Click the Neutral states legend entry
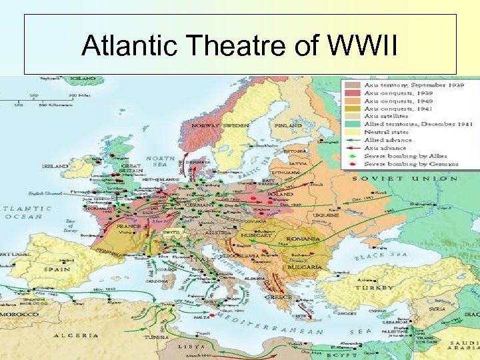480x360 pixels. click(385, 132)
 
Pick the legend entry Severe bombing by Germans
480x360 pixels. click(411, 163)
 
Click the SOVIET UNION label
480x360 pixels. click(405, 179)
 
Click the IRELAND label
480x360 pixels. click(55, 166)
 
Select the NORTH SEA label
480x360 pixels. click(164, 161)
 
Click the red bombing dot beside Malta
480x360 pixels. click(215, 321)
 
